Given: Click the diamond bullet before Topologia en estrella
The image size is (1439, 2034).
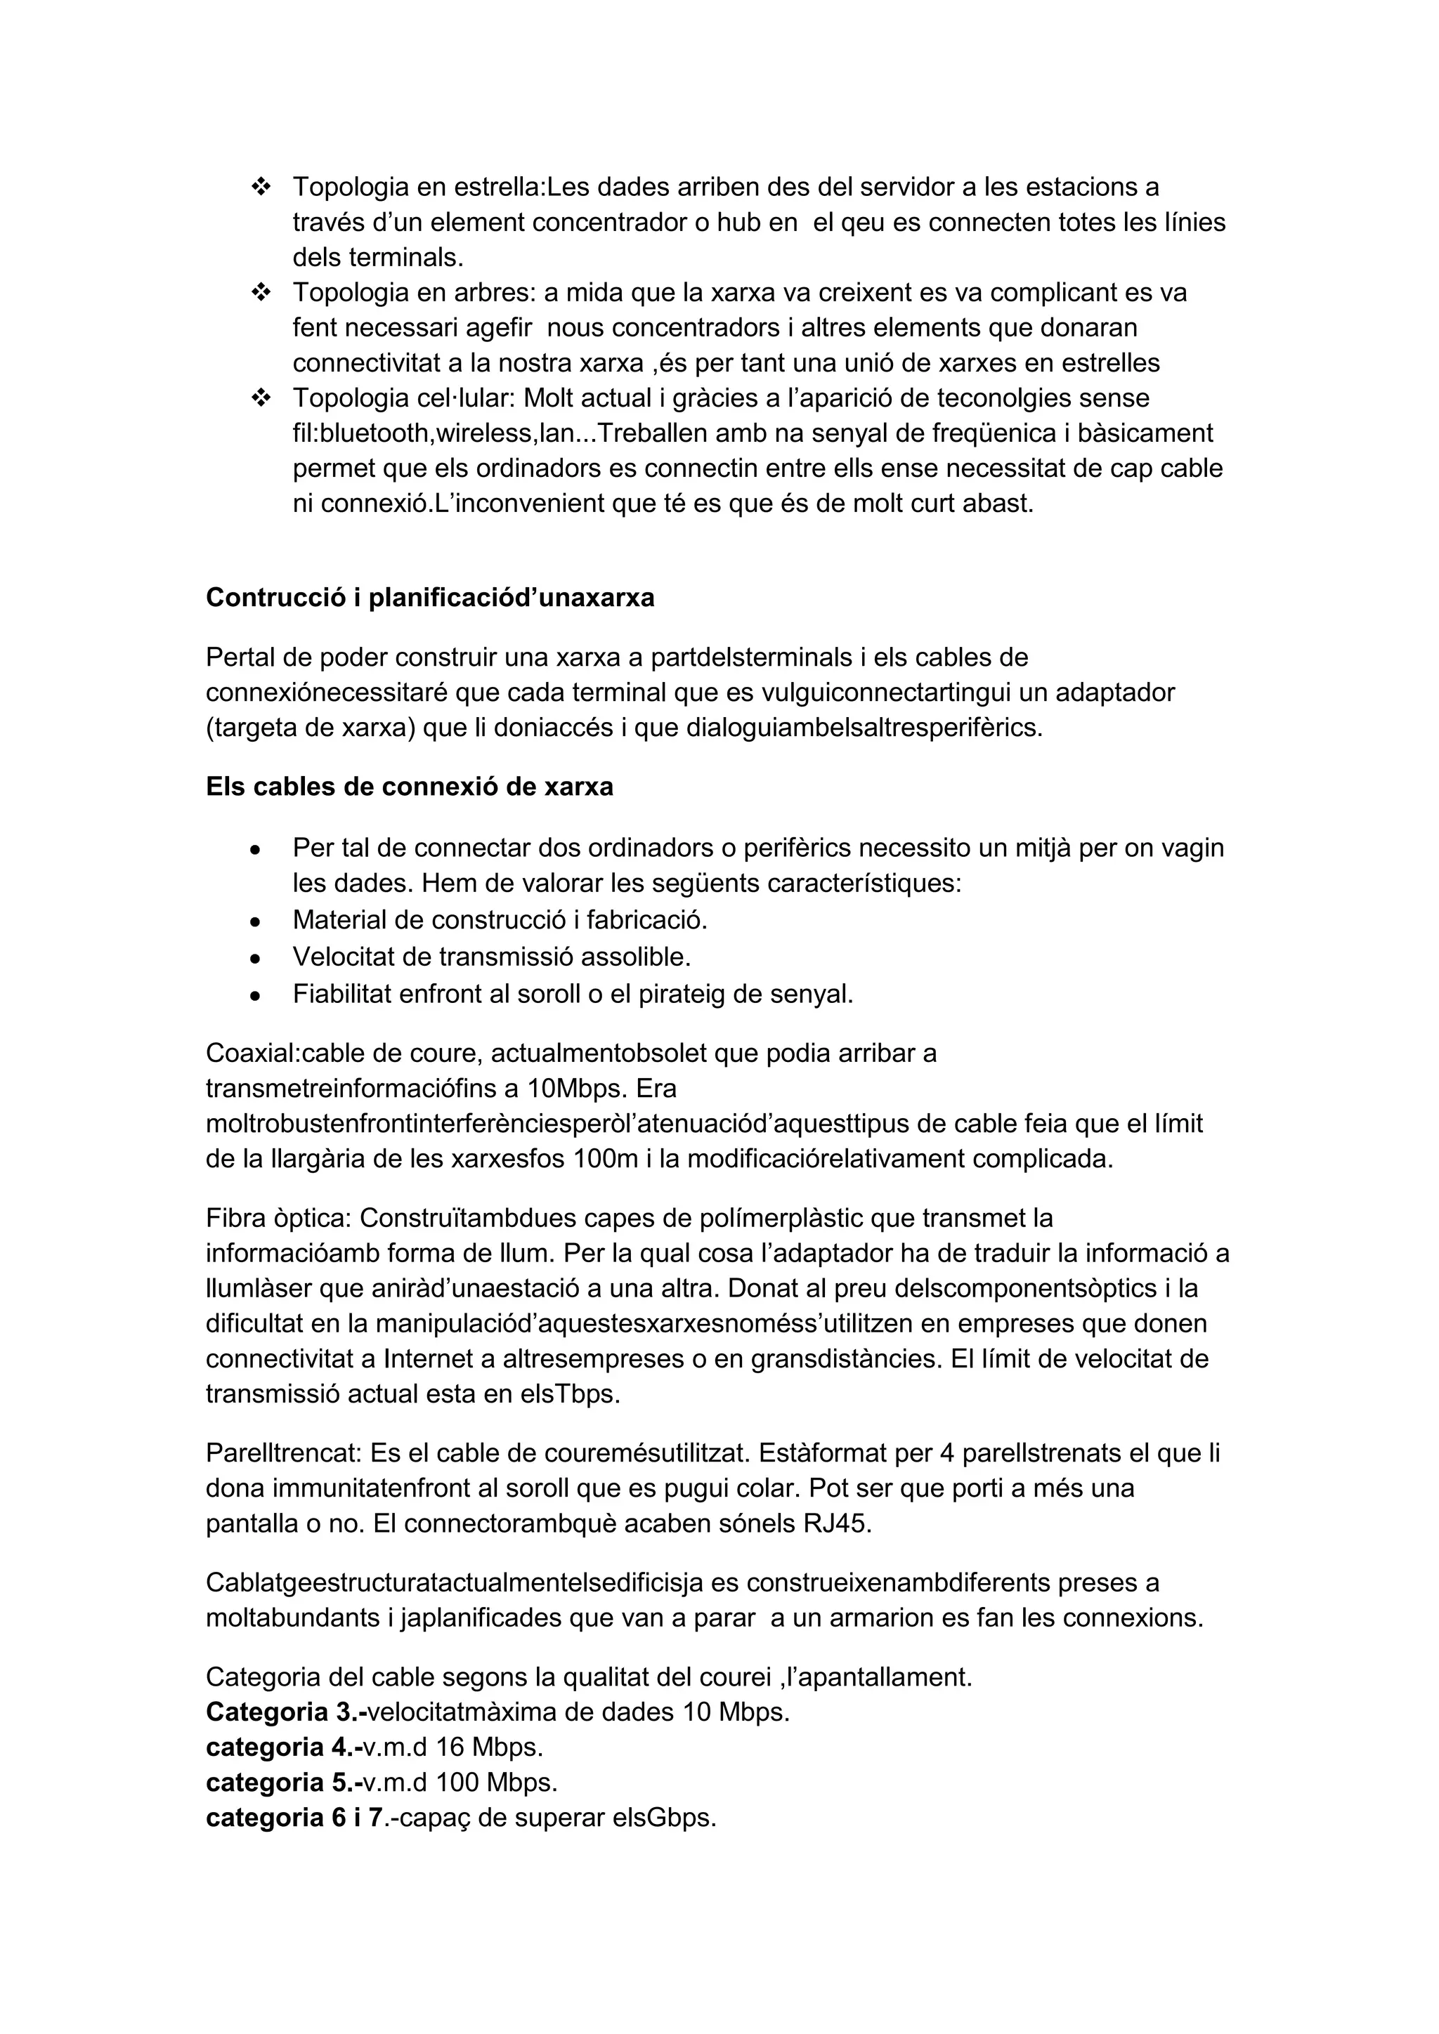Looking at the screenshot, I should [261, 187].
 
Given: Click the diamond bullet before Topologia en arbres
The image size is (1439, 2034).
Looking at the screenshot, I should [261, 292].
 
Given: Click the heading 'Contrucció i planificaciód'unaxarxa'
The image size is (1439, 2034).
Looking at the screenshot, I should [430, 598].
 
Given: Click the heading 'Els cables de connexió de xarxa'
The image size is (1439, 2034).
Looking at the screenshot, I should [410, 787].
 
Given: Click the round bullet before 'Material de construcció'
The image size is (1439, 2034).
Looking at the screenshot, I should [255, 922].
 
